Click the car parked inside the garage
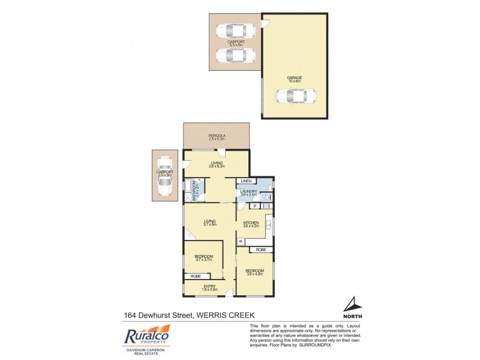click(295, 95)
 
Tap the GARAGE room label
click(294, 77)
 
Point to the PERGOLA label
click(217, 136)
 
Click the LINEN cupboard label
click(245, 181)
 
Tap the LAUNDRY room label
click(248, 192)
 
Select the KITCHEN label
click(251, 223)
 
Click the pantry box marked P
click(255, 206)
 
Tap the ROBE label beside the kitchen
click(261, 249)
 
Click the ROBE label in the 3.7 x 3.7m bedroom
click(196, 276)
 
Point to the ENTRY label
click(209, 287)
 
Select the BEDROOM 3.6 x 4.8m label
click(255, 271)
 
